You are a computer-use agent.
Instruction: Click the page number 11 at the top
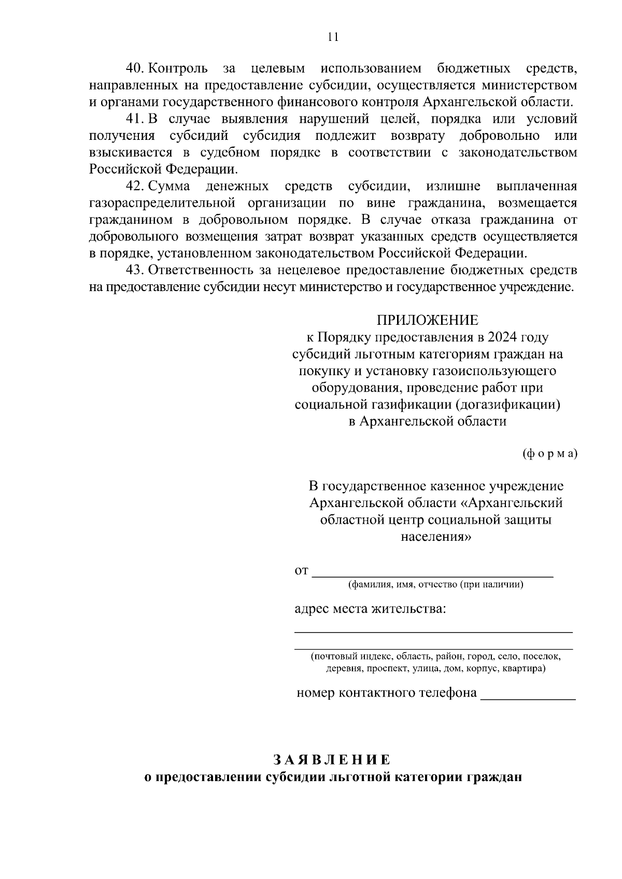(333, 37)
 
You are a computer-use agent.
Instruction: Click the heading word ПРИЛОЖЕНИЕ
(427, 320)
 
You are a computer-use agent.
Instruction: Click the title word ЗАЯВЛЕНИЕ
(332, 760)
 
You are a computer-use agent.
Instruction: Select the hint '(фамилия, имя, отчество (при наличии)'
(435, 585)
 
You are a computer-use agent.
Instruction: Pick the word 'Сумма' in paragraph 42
(169, 186)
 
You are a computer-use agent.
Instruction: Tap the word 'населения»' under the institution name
(436, 537)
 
